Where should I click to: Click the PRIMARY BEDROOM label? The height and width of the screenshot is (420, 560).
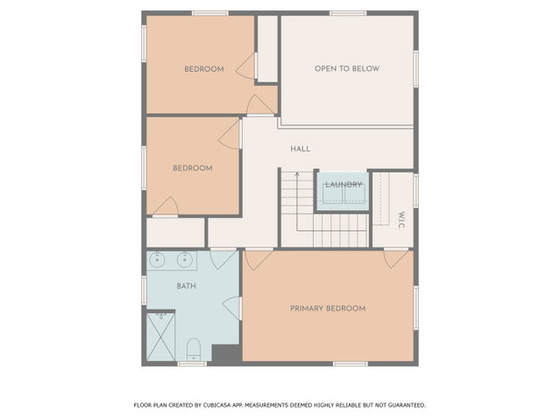click(x=328, y=308)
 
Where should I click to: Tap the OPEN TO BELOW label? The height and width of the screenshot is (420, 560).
click(x=347, y=68)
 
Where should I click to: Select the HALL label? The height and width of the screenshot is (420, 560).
click(x=300, y=149)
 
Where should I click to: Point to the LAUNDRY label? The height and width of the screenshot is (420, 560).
click(x=344, y=185)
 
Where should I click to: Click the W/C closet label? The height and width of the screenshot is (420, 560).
click(x=401, y=220)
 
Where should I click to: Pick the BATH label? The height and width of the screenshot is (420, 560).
click(x=186, y=286)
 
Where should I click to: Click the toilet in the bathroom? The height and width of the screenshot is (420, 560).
click(x=194, y=349)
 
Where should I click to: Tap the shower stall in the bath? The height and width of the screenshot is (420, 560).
click(x=160, y=337)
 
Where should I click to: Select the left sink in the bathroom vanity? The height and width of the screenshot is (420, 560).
click(x=156, y=260)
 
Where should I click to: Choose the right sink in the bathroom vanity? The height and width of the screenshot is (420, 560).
click(x=185, y=260)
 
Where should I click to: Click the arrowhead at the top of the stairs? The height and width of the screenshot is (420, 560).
click(x=297, y=174)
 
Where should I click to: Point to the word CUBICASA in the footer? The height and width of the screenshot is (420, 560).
click(x=217, y=405)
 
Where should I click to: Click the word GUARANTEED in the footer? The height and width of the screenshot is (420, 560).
click(x=407, y=405)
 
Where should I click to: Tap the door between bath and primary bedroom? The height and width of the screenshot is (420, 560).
click(x=231, y=308)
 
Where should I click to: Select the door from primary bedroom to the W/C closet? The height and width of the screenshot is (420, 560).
click(x=396, y=258)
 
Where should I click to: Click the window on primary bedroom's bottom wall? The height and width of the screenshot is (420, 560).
click(x=351, y=364)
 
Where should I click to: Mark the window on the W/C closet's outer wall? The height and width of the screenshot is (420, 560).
click(x=415, y=190)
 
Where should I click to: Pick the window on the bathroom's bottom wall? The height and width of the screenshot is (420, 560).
click(x=192, y=364)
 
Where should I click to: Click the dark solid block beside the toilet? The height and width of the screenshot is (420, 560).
click(x=225, y=354)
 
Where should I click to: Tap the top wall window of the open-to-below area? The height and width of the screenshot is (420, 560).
click(x=348, y=13)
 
